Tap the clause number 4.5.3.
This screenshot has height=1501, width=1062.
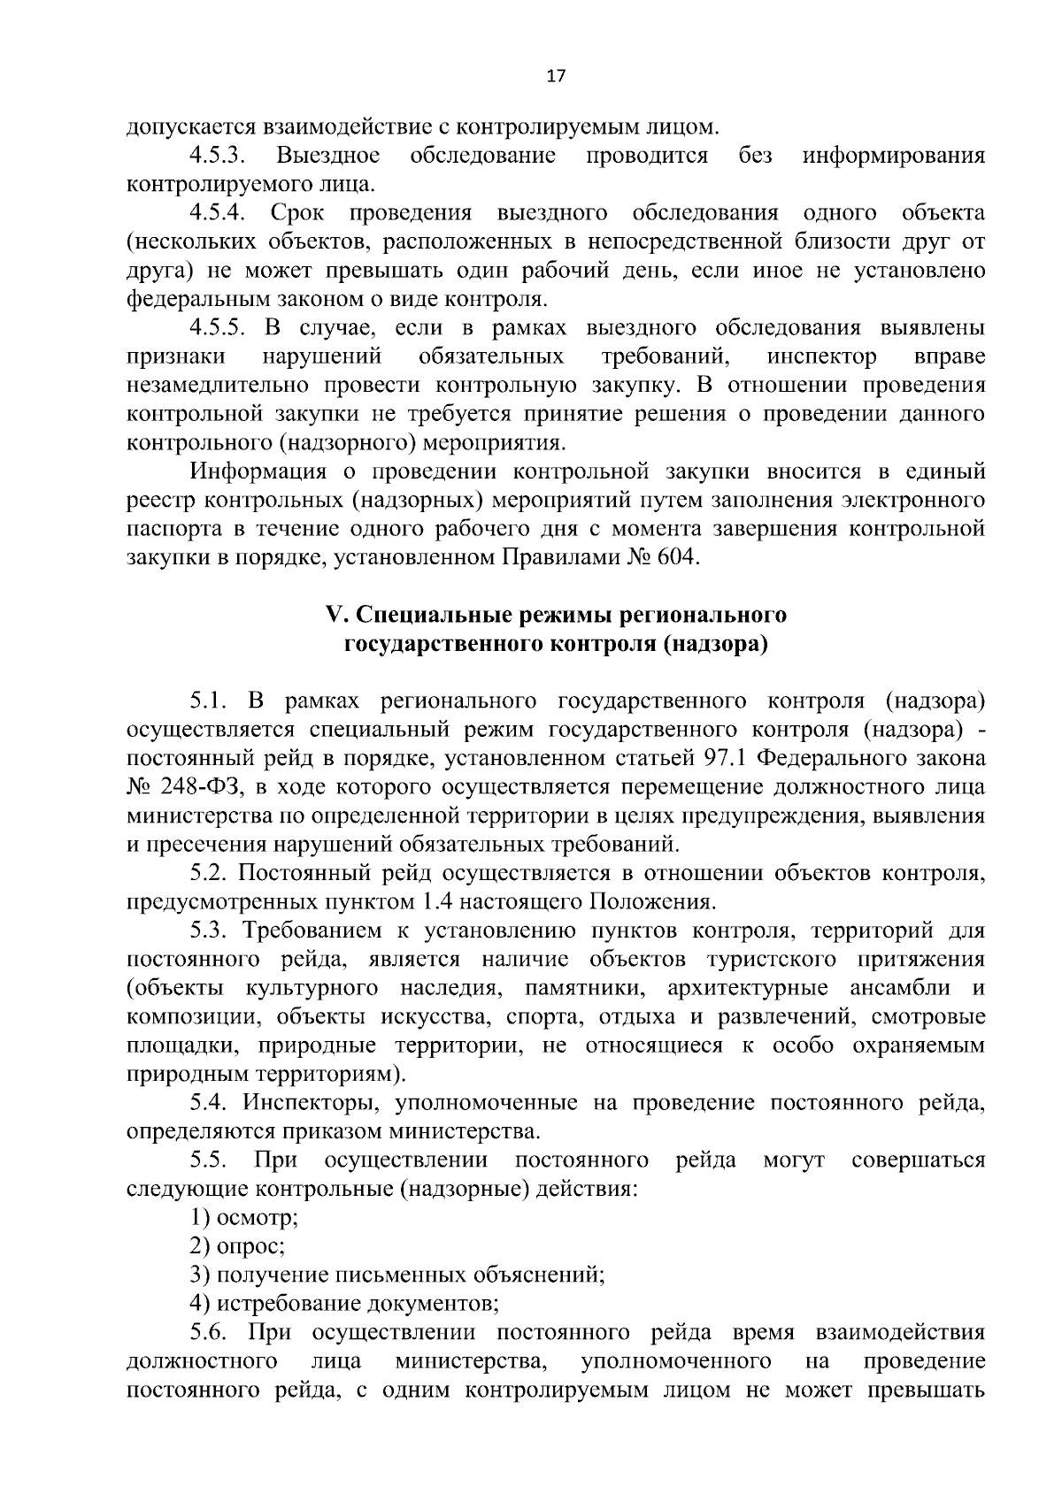(x=216, y=157)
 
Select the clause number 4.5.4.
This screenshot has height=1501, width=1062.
(x=216, y=213)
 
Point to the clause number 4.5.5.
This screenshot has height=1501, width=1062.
(x=216, y=328)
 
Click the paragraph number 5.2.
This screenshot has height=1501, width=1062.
(x=208, y=873)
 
